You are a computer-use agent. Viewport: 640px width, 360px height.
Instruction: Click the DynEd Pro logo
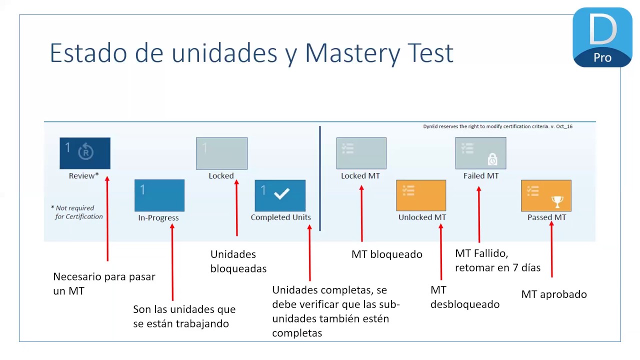[x=602, y=37]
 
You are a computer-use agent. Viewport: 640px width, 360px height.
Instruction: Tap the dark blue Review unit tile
[x=85, y=153]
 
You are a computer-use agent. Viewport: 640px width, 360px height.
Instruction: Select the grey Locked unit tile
[x=221, y=153]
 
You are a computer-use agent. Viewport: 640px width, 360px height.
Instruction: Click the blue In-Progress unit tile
[x=159, y=195]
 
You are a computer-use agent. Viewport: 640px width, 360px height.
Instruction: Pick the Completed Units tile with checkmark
[x=280, y=195]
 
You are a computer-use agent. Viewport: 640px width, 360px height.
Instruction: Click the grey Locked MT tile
[x=361, y=153]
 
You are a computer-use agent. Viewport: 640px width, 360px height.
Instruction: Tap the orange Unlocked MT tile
[x=421, y=195]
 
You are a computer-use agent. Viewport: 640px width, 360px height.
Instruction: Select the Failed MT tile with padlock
[x=480, y=153]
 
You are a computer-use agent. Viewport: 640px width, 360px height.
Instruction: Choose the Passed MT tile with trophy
[x=546, y=195]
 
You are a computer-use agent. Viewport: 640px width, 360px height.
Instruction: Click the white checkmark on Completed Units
[x=282, y=194]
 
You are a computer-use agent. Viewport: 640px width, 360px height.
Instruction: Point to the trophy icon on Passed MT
[x=557, y=201]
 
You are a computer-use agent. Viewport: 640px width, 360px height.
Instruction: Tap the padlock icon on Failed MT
[x=492, y=159]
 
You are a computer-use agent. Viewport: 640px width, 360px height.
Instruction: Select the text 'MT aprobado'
[x=554, y=294]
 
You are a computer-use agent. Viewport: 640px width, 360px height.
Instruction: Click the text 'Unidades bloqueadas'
[x=238, y=261]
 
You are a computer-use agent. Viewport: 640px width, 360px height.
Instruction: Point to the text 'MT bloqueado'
[x=386, y=254]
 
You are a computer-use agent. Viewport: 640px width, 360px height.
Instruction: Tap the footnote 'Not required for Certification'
[x=77, y=212]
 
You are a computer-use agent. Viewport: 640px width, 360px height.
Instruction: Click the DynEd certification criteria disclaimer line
[x=497, y=126]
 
